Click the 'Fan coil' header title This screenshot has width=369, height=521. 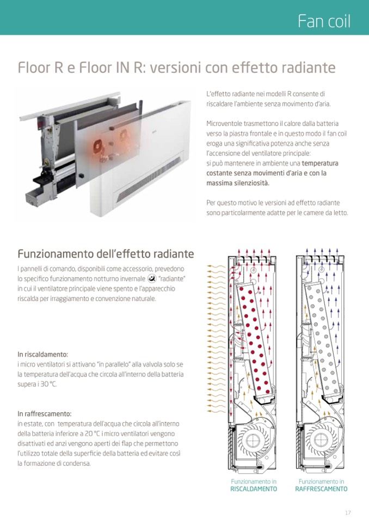(324, 21)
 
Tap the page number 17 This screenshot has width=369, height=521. (348, 513)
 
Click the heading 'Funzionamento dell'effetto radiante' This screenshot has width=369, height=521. (106, 254)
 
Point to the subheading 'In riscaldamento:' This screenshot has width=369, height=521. (42, 354)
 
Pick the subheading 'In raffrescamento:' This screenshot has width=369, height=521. (44, 413)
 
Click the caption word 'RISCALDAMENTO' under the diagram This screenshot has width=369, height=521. (254, 489)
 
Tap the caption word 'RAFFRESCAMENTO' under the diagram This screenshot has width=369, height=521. (321, 489)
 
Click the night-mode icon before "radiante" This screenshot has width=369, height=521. (151, 279)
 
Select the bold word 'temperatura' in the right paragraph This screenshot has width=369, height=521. (320, 164)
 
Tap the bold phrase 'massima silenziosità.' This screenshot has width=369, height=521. (238, 183)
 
